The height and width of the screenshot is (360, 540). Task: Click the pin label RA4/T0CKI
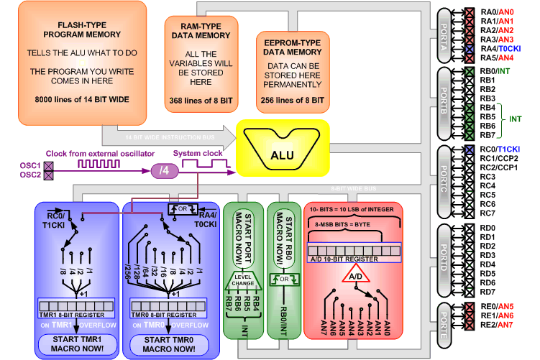click(x=503, y=48)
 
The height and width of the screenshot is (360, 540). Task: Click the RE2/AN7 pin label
click(x=498, y=324)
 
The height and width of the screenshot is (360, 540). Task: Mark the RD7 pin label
click(x=488, y=292)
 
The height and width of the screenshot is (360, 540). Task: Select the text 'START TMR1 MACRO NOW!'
click(x=77, y=343)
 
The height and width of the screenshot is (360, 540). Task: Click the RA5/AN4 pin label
click(x=498, y=57)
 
